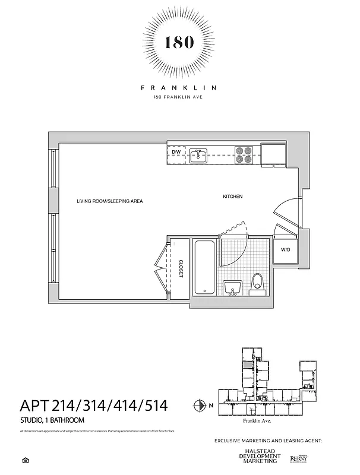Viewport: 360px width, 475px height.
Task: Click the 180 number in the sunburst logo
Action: click(x=179, y=42)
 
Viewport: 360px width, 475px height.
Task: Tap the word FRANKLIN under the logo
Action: click(x=179, y=87)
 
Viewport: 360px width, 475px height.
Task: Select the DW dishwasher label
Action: click(x=176, y=153)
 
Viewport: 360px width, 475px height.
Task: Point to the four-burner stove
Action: click(x=243, y=154)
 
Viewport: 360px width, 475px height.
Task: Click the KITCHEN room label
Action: click(x=233, y=197)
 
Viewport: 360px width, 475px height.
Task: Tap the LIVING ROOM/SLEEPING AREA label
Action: click(x=110, y=201)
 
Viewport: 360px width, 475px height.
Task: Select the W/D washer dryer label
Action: click(x=286, y=250)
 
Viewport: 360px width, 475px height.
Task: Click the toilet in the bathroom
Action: click(x=257, y=283)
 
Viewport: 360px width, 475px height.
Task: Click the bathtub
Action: click(x=204, y=267)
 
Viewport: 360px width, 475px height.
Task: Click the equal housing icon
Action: click(x=24, y=459)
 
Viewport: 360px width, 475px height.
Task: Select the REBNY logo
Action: click(x=298, y=458)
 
